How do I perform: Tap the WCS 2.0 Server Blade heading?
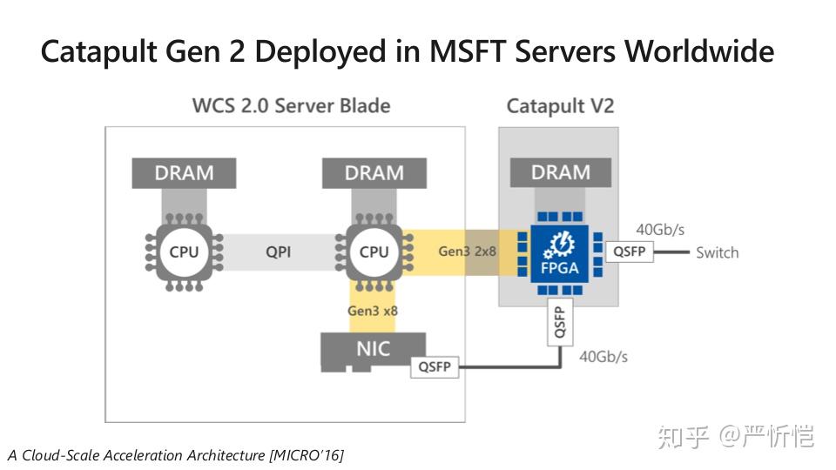[291, 106]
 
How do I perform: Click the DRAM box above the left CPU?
[184, 173]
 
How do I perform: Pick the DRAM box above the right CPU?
[374, 173]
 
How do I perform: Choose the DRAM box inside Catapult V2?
[560, 173]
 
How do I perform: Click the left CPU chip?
[184, 252]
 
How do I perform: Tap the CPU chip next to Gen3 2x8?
[374, 252]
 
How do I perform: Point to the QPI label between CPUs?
[279, 252]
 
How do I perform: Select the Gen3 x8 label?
[374, 310]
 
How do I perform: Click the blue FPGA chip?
[560, 252]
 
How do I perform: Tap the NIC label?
[374, 350]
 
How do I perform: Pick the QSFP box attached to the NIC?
[435, 366]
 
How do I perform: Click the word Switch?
[717, 252]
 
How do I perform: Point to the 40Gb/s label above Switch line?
[660, 230]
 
